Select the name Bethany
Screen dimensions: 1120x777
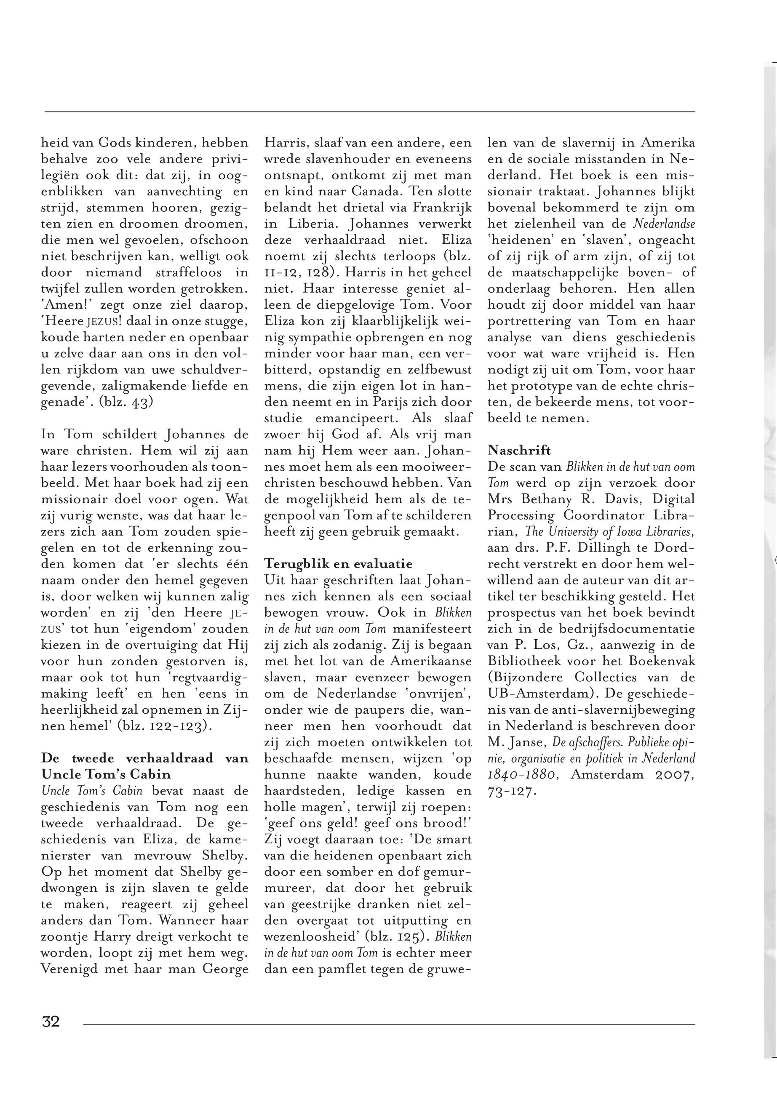pos(556,499)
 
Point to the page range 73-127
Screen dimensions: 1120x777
pos(512,791)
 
